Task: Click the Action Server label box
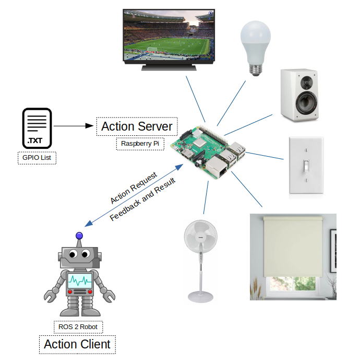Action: pos(137,126)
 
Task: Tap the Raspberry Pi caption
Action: pos(139,144)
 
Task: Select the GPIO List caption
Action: pos(37,157)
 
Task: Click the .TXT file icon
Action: pos(37,127)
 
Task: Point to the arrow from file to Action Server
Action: pos(73,126)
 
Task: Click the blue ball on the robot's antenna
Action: pos(79,236)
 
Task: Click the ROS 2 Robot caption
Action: pos(78,328)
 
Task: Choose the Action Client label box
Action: pos(77,344)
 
